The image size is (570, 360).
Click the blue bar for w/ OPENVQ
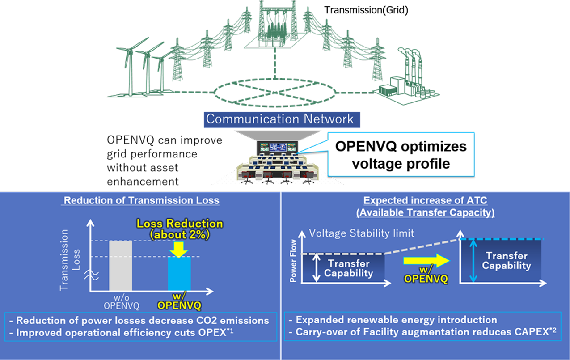[179, 275]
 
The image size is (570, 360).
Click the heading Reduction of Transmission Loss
[142, 200]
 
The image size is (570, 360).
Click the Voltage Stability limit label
[362, 233]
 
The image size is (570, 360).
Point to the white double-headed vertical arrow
[317, 267]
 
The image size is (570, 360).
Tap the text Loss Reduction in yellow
[180, 224]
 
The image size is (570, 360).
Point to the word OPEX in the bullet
[188, 332]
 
